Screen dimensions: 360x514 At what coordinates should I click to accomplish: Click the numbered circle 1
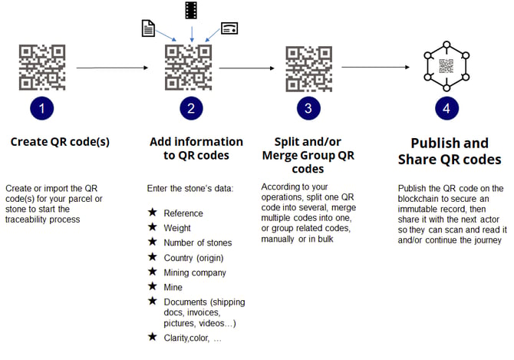[x=41, y=109]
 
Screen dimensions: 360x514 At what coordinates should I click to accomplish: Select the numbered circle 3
[x=308, y=109]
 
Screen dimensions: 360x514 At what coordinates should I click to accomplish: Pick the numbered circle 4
[x=446, y=109]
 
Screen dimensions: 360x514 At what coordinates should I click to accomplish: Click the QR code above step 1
[x=41, y=68]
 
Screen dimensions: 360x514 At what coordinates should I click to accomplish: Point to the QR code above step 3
[x=308, y=68]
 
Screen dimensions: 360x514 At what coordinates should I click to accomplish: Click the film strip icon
[x=190, y=11]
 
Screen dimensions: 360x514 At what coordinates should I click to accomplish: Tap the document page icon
[x=149, y=28]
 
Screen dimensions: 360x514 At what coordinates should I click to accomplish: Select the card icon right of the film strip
[x=229, y=28]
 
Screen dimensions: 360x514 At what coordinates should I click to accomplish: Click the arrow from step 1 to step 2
[x=112, y=68]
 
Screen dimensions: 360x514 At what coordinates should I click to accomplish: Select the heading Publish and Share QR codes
[x=450, y=151]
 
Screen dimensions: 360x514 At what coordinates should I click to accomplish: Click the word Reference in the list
[x=183, y=213]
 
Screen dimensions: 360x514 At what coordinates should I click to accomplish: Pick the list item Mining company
[x=195, y=272]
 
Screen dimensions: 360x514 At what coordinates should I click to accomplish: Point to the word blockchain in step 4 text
[x=420, y=198]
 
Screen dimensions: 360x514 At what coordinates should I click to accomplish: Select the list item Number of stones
[x=198, y=243]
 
